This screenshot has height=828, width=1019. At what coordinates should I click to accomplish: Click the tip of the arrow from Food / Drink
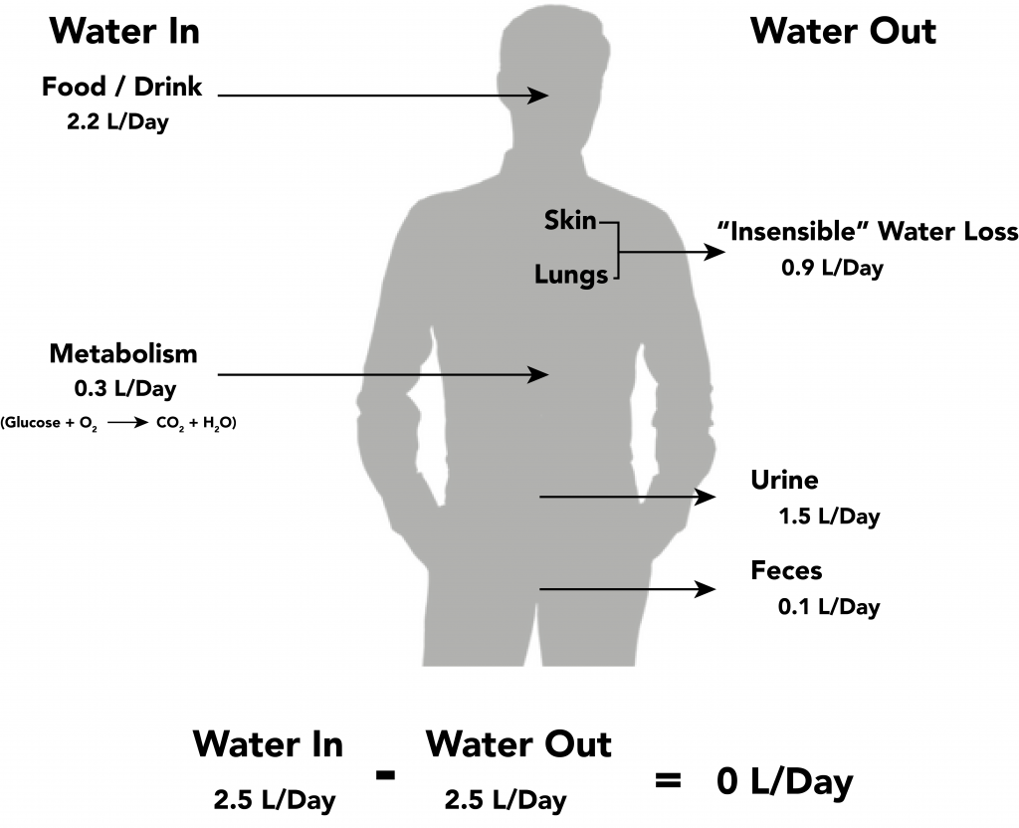[549, 96]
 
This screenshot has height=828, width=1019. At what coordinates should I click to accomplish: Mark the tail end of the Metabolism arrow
[218, 375]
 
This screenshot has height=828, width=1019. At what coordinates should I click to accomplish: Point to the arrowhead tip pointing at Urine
[716, 497]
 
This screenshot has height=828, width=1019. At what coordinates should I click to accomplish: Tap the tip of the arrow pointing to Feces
[716, 589]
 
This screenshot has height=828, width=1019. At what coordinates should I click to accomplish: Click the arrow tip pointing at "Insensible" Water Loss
[725, 252]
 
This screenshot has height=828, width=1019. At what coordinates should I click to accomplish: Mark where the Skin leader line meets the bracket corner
[618, 223]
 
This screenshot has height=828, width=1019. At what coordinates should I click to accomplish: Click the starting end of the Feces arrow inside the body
[539, 589]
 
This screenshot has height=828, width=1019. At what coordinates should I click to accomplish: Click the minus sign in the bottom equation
[385, 774]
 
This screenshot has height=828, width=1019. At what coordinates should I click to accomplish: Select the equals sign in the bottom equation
[668, 780]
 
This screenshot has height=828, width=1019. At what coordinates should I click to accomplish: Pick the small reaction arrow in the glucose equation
[128, 422]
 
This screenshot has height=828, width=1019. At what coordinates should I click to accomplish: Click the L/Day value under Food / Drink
[117, 121]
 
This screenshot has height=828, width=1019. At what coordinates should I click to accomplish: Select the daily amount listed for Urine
[829, 517]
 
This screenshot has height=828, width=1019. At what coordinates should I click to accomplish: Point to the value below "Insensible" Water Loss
[833, 268]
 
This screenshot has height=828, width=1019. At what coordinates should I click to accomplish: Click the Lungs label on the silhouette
[571, 275]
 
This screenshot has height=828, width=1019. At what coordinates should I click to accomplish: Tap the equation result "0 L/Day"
[784, 781]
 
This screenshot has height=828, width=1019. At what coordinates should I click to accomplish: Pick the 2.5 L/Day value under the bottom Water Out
[506, 800]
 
